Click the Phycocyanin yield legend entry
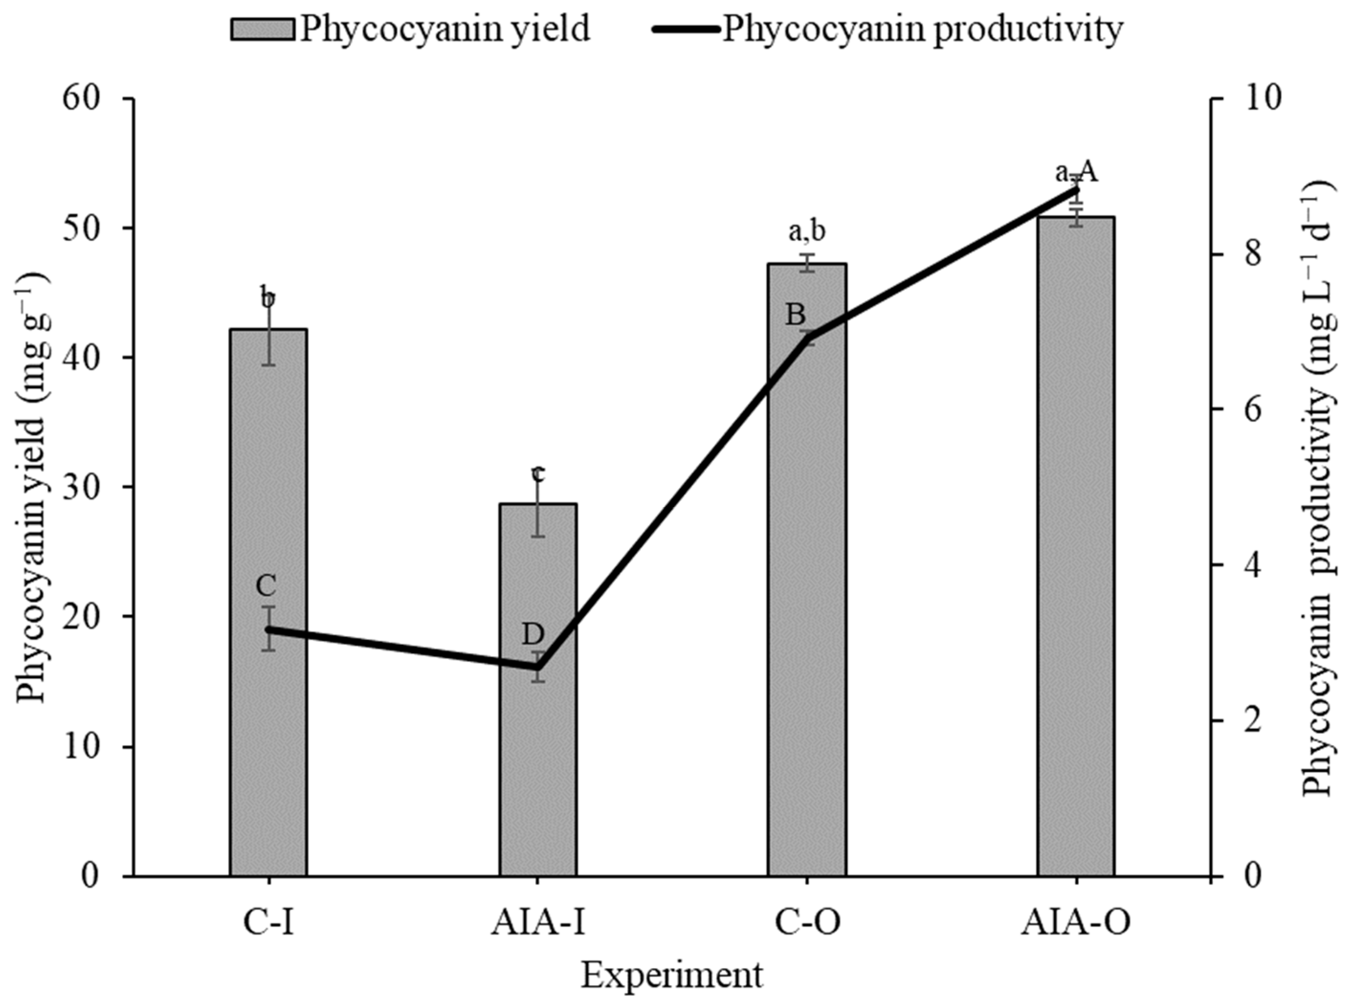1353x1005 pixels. click(410, 29)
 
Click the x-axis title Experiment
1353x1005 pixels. click(672, 976)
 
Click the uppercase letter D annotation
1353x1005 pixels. click(533, 634)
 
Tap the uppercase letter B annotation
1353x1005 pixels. click(795, 315)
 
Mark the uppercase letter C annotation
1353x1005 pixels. click(266, 587)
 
